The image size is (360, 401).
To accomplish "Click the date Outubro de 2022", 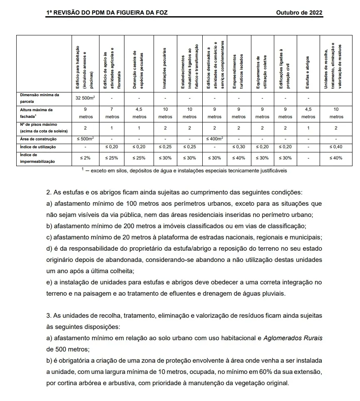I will (x=299, y=12).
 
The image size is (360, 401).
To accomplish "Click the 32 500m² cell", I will (x=86, y=98).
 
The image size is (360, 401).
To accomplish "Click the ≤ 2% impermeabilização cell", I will (x=86, y=158).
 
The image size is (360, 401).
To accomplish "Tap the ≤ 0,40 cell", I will (x=336, y=147).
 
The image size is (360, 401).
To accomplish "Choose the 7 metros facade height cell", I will (x=112, y=113).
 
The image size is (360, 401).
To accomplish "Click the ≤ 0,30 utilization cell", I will (x=238, y=147).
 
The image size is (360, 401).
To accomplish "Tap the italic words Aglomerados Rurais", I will (x=293, y=338).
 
